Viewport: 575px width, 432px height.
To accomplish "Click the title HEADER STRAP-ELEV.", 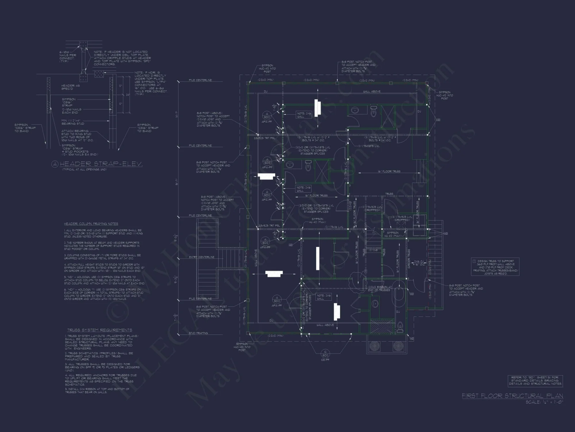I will (x=101, y=164).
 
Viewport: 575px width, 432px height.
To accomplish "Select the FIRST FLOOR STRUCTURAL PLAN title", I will (x=512, y=396).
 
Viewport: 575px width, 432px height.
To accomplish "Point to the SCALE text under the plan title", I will (x=544, y=402).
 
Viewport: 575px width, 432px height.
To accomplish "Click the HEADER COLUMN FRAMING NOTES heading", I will (x=91, y=224).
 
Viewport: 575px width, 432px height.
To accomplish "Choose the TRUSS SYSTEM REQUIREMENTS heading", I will (x=100, y=330).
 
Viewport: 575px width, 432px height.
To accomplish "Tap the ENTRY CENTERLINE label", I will (x=202, y=257).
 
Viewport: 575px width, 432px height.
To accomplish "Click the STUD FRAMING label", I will (x=198, y=333).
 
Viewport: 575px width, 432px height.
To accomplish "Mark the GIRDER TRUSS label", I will (x=409, y=259).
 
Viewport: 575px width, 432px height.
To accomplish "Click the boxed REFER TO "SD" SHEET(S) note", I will (x=535, y=380).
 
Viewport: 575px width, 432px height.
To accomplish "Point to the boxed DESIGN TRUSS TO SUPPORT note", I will (x=496, y=267).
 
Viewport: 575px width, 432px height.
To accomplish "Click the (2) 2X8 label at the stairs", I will (x=373, y=250).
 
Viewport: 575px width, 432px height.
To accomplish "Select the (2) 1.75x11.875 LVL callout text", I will (x=369, y=146).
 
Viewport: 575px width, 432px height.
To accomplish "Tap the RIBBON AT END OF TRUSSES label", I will (x=380, y=289).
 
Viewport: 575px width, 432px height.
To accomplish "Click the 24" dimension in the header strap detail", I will (x=128, y=94).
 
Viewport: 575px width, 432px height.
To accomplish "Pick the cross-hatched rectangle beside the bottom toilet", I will (x=382, y=327).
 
